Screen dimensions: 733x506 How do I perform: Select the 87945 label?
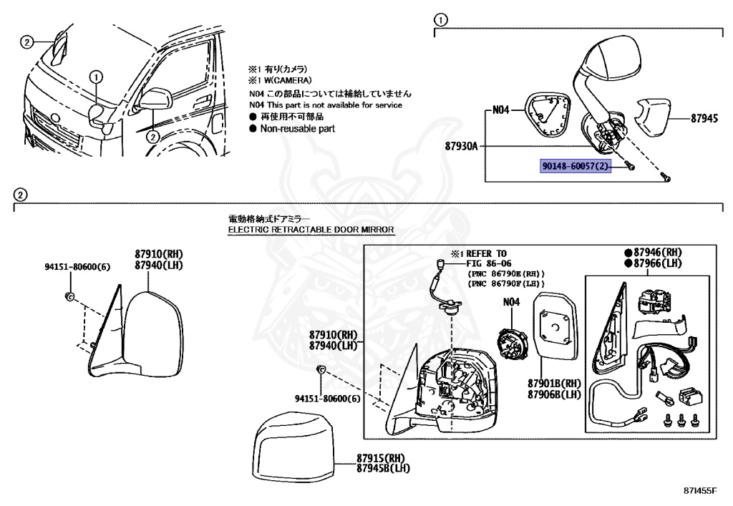pos(704,120)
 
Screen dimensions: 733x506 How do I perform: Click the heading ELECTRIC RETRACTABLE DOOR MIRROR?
pos(311,230)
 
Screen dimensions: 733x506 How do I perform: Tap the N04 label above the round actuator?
pos(510,302)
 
